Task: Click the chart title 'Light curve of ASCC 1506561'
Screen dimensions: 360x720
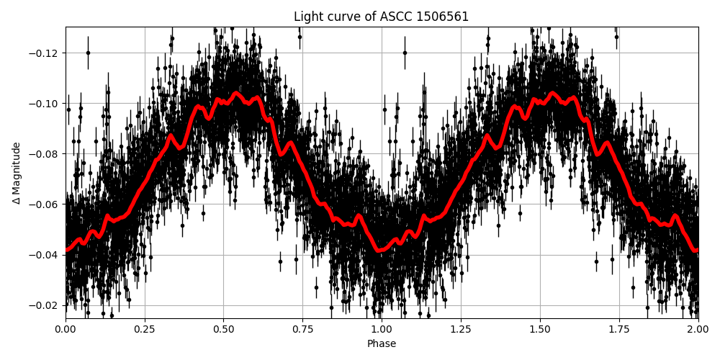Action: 381,17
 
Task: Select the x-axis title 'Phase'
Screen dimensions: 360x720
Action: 382,344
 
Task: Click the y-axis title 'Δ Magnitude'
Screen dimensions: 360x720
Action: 17,173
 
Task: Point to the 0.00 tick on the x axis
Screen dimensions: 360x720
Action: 66,329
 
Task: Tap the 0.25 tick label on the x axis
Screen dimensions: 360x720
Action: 145,329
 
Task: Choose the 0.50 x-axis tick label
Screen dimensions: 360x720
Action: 223,329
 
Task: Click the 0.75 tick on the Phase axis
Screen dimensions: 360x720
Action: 302,329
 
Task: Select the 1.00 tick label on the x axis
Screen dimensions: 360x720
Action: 382,329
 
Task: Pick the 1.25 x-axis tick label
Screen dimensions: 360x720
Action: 461,329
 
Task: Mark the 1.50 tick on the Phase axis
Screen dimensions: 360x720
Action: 540,329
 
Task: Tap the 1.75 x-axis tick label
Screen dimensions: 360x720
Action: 618,329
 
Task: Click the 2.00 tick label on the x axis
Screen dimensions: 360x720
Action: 698,329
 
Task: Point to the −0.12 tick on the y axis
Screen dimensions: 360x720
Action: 45,53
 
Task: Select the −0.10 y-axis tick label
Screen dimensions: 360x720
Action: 45,104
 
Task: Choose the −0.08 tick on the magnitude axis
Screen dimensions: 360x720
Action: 45,154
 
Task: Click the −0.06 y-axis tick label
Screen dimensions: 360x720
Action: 45,204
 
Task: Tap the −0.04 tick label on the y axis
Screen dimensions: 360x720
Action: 45,255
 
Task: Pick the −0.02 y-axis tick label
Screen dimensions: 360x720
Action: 45,305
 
